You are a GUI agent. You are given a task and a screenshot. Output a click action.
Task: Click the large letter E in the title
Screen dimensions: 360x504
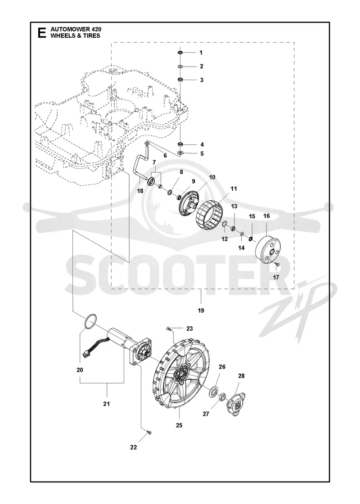42,33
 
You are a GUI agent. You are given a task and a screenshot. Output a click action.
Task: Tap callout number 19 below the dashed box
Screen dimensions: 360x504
201,311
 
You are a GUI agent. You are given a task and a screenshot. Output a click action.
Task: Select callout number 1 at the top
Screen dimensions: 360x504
201,53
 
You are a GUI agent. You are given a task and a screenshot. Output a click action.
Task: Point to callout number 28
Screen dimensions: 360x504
241,376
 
